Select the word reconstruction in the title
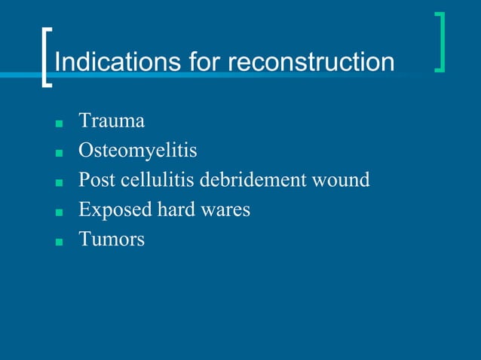click(311, 62)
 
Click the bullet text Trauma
click(112, 121)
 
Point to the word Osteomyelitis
click(138, 151)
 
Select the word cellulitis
click(157, 181)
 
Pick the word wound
click(344, 181)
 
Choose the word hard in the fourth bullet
click(174, 210)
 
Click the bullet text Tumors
click(112, 240)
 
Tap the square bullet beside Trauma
click(58, 123)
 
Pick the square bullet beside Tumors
click(58, 243)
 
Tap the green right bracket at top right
click(441, 42)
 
